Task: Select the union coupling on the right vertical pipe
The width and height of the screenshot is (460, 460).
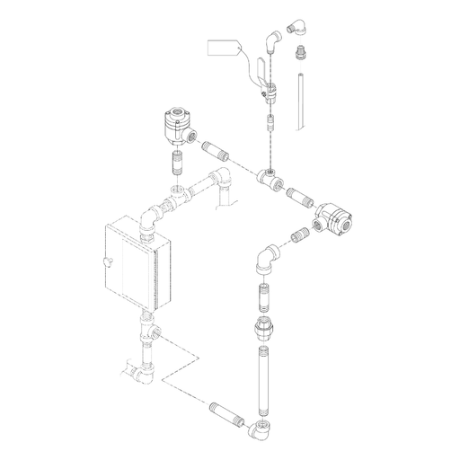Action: click(264, 329)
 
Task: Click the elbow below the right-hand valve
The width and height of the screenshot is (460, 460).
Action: click(267, 260)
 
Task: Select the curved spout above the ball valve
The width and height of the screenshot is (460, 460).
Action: click(272, 40)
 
